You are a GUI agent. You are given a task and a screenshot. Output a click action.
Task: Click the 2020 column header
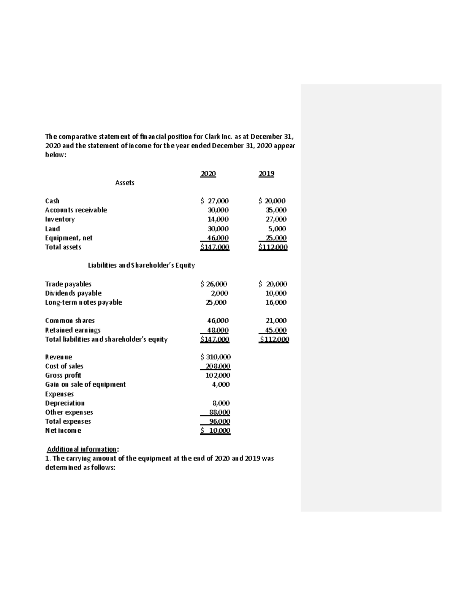click(x=208, y=174)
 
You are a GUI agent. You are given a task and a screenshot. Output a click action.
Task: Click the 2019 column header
click(x=266, y=174)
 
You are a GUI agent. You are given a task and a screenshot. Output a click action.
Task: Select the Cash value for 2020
click(x=215, y=201)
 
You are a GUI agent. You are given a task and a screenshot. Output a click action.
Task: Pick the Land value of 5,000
click(x=277, y=229)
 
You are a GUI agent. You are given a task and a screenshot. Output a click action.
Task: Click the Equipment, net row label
click(x=68, y=238)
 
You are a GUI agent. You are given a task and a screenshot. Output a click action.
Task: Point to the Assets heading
click(x=125, y=183)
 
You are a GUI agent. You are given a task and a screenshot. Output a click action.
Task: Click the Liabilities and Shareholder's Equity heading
click(x=141, y=266)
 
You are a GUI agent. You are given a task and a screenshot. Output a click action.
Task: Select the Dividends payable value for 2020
click(x=220, y=293)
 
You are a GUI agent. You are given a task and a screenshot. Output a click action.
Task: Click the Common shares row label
click(x=70, y=321)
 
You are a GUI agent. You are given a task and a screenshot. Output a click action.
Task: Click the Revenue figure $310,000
click(x=215, y=357)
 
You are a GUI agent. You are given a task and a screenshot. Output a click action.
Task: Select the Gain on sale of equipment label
click(x=85, y=384)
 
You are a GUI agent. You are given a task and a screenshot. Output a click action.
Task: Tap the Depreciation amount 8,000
click(x=221, y=403)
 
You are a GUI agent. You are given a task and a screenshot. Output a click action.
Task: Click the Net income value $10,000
click(x=215, y=431)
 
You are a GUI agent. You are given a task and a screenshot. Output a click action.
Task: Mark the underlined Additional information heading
click(x=82, y=449)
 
